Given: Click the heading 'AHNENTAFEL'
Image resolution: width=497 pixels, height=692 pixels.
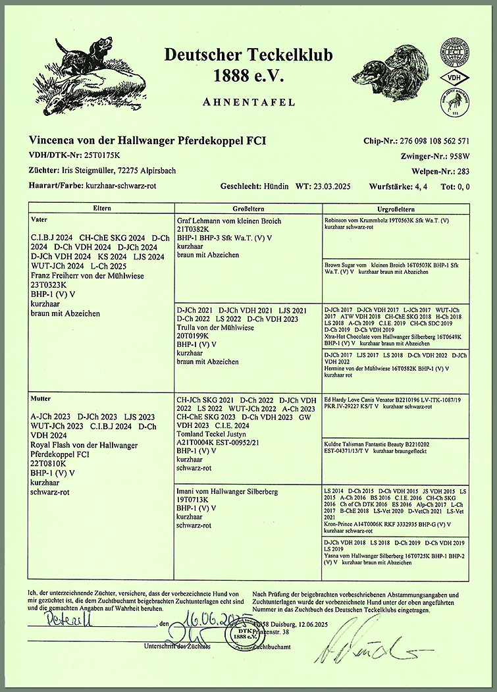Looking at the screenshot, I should click(248, 102).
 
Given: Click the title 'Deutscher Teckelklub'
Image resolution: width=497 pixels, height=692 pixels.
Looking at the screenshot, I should click(248, 55).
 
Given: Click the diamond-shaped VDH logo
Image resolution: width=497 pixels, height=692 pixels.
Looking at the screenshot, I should click(454, 77).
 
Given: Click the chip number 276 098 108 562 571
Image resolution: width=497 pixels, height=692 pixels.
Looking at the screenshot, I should click(434, 141).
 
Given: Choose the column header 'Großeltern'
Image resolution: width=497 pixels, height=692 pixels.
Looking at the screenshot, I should click(248, 209).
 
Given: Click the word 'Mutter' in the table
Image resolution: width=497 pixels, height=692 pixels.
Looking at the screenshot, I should click(43, 399).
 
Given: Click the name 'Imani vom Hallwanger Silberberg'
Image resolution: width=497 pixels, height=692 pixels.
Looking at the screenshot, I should click(228, 492).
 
